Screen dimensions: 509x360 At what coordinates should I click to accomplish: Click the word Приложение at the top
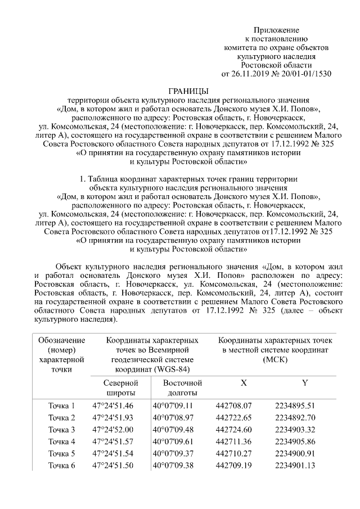[276, 29]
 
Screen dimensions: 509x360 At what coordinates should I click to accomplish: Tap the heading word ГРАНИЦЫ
[188, 91]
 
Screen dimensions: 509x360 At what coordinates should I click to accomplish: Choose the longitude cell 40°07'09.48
[173, 429]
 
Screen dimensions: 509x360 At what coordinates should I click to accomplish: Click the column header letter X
[244, 383]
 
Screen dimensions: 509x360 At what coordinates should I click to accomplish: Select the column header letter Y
[304, 383]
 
